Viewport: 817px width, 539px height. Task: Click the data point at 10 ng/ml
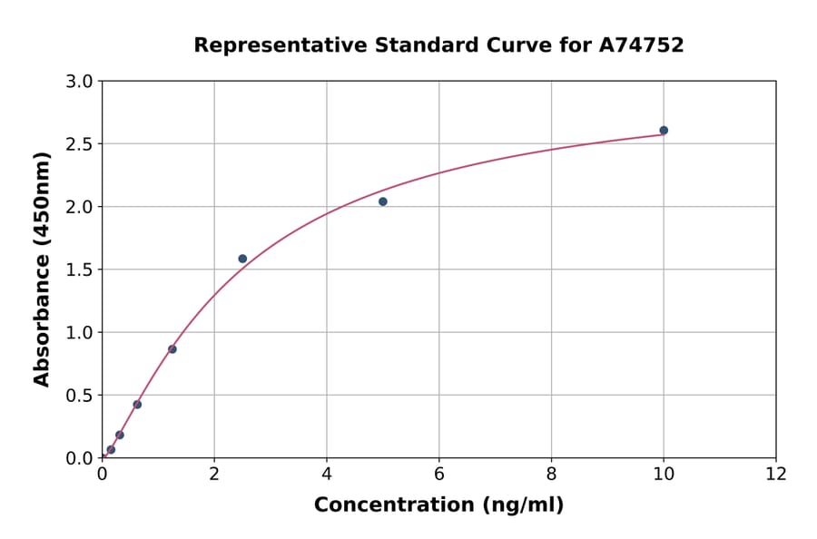[664, 131]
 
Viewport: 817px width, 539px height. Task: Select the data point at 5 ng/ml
[383, 201]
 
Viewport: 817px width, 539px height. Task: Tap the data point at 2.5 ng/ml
[242, 259]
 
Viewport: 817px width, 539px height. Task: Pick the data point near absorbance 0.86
[172, 349]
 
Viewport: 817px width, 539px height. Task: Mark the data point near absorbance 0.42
[137, 405]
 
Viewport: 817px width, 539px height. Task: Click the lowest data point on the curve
[111, 450]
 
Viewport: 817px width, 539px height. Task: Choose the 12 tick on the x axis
[776, 473]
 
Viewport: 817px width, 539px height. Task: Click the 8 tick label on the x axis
[551, 473]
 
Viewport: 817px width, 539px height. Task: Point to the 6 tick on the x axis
[439, 473]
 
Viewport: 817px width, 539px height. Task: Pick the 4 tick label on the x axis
[327, 473]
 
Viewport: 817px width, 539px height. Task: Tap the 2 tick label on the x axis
[214, 473]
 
